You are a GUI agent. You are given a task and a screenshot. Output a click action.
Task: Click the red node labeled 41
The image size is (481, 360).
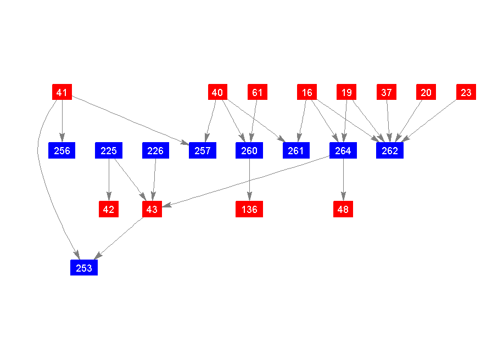pos(62,92)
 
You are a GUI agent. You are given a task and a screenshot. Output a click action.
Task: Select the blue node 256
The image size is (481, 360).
pos(62,150)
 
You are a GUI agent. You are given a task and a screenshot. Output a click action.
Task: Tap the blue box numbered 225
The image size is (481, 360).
pos(109,150)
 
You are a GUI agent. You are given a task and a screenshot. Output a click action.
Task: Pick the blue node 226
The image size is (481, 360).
pos(155,150)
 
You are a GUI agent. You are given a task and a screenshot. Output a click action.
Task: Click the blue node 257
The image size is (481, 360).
pos(203,150)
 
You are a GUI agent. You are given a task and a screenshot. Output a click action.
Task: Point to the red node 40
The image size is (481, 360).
pos(217,92)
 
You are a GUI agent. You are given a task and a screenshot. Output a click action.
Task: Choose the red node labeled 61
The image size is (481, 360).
pos(258,92)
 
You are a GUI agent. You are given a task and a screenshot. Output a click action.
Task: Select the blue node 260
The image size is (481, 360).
pos(249,150)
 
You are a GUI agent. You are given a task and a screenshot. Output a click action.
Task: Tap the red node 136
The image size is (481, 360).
pos(249,209)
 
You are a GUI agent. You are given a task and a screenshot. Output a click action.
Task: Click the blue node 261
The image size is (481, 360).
pos(296,150)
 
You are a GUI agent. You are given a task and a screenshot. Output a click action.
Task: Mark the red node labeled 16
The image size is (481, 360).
pos(307,92)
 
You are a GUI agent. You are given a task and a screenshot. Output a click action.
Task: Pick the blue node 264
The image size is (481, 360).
pos(343,150)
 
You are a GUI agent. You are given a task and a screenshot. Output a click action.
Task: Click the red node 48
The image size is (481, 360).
pos(343,209)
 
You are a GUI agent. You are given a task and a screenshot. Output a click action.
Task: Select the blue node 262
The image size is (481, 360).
pos(390,150)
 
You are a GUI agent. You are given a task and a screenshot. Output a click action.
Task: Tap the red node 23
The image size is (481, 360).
pos(466,92)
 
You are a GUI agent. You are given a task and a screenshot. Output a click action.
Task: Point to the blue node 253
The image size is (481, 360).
pos(84,267)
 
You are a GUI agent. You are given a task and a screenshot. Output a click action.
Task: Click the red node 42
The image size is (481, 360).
pos(109,209)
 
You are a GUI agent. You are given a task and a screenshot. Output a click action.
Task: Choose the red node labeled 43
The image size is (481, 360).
pos(152,209)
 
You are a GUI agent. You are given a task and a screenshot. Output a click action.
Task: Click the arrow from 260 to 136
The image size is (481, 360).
pos(249,179)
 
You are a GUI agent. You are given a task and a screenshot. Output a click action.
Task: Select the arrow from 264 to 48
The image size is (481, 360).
pos(343,179)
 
